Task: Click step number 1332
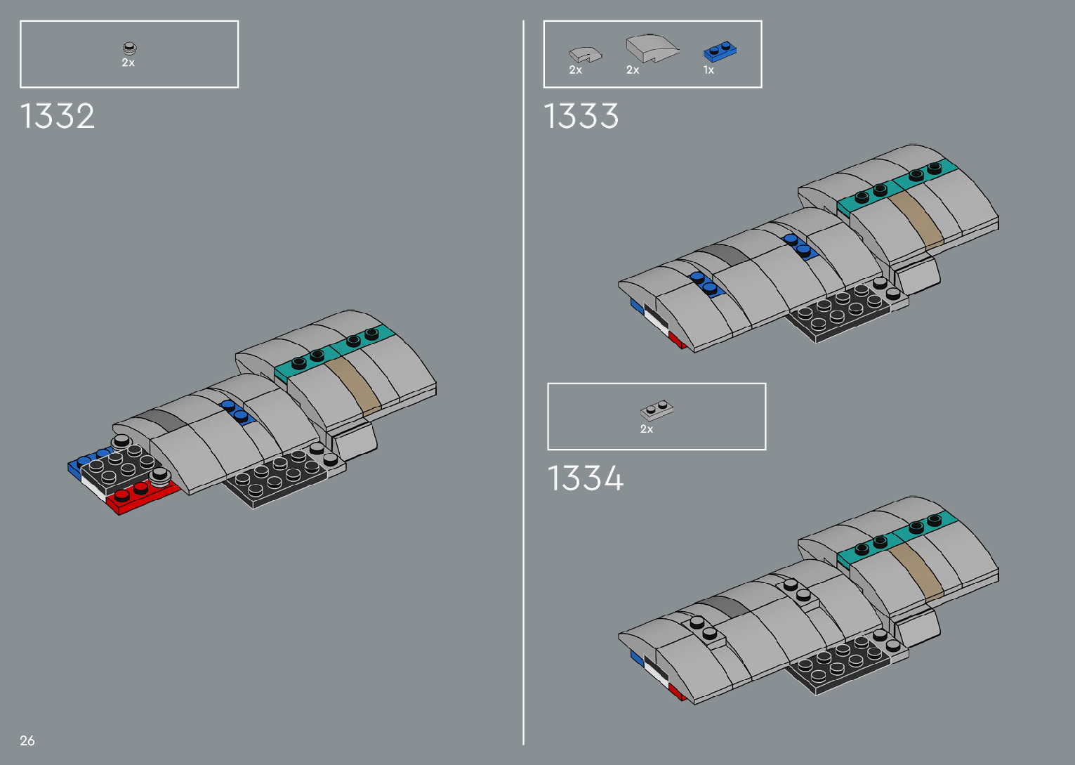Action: pyautogui.click(x=58, y=116)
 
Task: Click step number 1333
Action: pyautogui.click(x=581, y=116)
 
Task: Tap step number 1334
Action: pyautogui.click(x=585, y=478)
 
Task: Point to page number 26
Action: pyautogui.click(x=27, y=740)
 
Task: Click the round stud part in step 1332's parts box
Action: pyautogui.click(x=129, y=48)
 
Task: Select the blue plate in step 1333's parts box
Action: pyautogui.click(x=720, y=52)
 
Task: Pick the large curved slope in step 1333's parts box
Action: pyautogui.click(x=651, y=48)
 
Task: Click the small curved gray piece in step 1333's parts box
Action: pyautogui.click(x=584, y=53)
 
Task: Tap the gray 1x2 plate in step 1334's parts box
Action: pyautogui.click(x=657, y=410)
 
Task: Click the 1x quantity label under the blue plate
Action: pyautogui.click(x=708, y=70)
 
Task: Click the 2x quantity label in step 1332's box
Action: pyautogui.click(x=128, y=63)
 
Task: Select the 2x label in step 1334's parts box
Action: pyautogui.click(x=647, y=429)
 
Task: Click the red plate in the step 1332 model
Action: pyautogui.click(x=144, y=496)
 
